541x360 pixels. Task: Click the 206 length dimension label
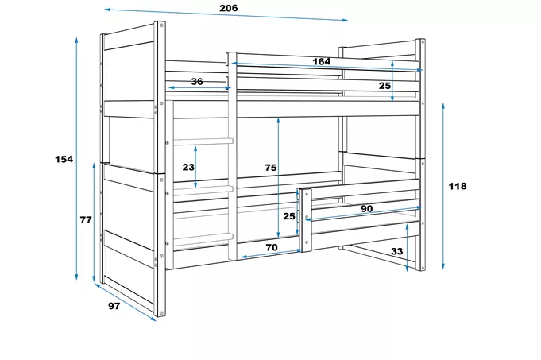pos(229,8)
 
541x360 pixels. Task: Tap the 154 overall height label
pos(64,159)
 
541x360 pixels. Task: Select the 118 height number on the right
pos(458,186)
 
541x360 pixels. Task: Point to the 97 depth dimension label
pos(114,306)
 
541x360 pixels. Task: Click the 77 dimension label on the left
pos(86,219)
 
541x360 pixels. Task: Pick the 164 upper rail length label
pos(321,61)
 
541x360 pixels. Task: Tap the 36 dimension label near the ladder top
pos(197,82)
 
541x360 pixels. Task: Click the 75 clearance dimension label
pos(270,168)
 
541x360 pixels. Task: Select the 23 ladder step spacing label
pos(188,167)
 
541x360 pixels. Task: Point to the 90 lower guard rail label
pos(367,208)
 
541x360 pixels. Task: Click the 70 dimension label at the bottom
pos(271,247)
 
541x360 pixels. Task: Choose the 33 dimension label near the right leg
pos(396,251)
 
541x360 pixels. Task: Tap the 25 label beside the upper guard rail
pos(384,85)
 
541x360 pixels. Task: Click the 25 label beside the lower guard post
pos(289,216)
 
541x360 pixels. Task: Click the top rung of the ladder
pos(203,141)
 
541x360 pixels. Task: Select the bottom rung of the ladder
pos(203,238)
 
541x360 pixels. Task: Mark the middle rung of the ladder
pos(203,189)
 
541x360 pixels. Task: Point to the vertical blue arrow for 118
pos(443,186)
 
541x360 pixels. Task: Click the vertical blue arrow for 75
pos(278,177)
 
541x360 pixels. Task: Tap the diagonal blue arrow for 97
pos(126,302)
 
